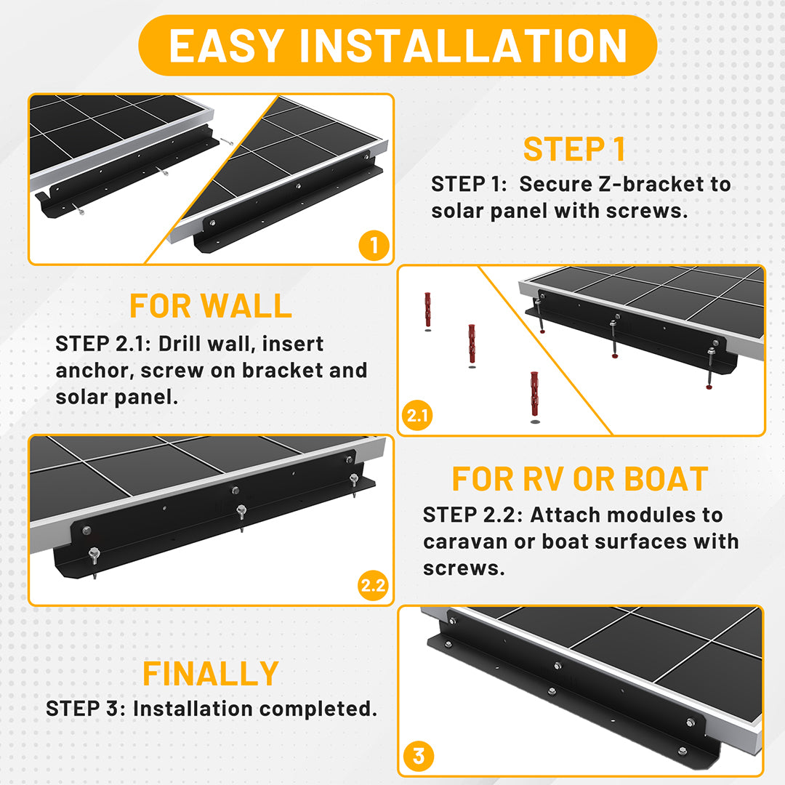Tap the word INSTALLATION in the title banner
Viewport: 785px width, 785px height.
[463, 46]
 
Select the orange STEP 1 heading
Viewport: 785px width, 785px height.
[574, 149]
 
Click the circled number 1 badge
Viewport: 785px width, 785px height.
[374, 246]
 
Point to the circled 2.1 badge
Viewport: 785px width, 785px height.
[417, 415]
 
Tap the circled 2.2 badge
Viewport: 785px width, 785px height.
[374, 584]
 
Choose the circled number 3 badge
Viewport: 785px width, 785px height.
[419, 756]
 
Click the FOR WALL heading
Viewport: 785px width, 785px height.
[211, 306]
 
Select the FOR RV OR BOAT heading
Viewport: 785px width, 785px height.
[580, 479]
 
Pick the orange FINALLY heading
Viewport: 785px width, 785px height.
[211, 674]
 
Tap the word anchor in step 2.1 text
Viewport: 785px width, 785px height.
[94, 371]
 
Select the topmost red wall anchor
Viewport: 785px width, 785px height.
[427, 310]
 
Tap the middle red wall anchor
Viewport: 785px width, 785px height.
[472, 345]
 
